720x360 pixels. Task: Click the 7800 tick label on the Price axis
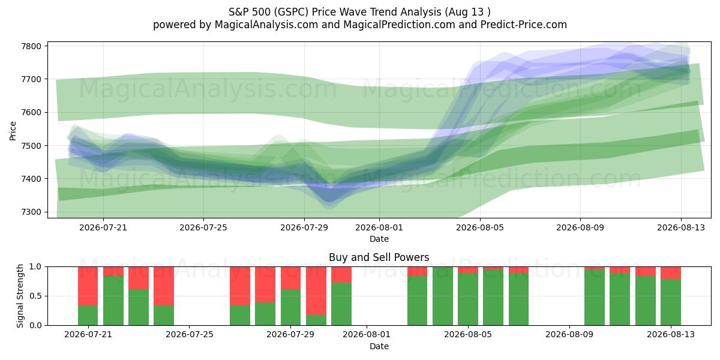click(x=31, y=46)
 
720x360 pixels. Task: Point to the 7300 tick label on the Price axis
click(x=31, y=212)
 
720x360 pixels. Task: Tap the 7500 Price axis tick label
click(x=31, y=146)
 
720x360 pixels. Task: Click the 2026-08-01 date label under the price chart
click(x=379, y=227)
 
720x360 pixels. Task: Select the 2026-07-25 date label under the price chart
click(x=203, y=227)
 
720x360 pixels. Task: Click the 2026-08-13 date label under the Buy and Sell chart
click(x=671, y=334)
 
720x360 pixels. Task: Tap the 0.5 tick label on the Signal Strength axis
click(x=35, y=296)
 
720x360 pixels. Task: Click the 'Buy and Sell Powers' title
click(x=379, y=257)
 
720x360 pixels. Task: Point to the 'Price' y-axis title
click(x=13, y=131)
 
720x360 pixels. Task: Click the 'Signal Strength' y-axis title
click(x=20, y=296)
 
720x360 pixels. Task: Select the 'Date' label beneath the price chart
click(x=379, y=239)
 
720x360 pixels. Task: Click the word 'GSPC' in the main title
click(x=292, y=12)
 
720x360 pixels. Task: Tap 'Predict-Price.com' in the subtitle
click(x=524, y=25)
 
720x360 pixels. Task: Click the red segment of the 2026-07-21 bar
click(x=88, y=286)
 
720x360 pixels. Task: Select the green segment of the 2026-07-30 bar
click(x=316, y=320)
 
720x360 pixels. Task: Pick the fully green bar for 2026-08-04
click(x=443, y=296)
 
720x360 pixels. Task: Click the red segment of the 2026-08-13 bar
click(x=671, y=273)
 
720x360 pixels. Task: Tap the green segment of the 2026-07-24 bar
click(x=164, y=315)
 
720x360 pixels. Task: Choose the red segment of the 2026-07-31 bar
click(x=341, y=275)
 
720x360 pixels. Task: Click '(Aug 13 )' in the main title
click(x=467, y=12)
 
